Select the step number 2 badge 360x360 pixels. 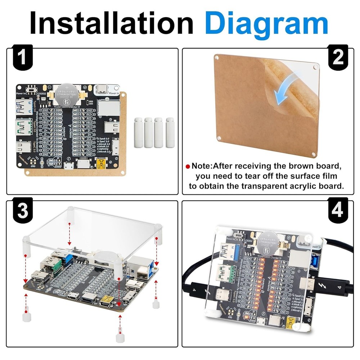pyautogui.click(x=337, y=58)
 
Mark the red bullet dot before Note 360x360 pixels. pyautogui.click(x=187, y=167)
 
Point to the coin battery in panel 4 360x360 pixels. pyautogui.click(x=269, y=240)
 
